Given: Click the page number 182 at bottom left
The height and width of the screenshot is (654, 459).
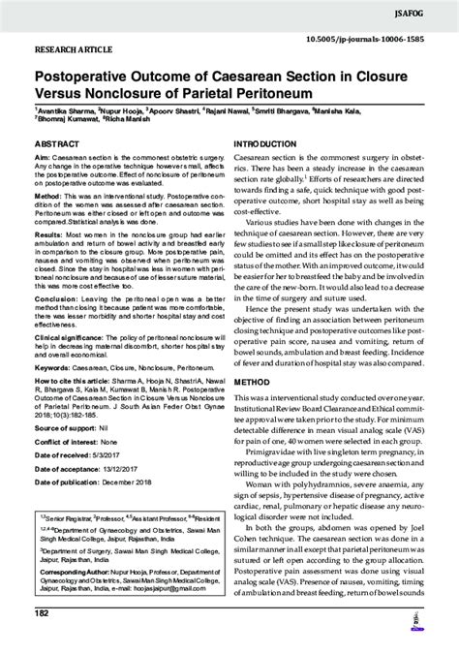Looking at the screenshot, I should pyautogui.click(x=41, y=640).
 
